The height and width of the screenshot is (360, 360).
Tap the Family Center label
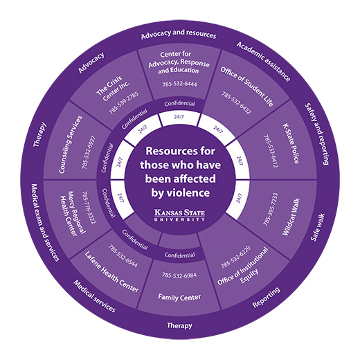tap(179, 297)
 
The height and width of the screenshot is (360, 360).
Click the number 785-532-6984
tap(179, 276)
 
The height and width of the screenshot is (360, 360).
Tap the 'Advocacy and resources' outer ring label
tap(179, 34)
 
